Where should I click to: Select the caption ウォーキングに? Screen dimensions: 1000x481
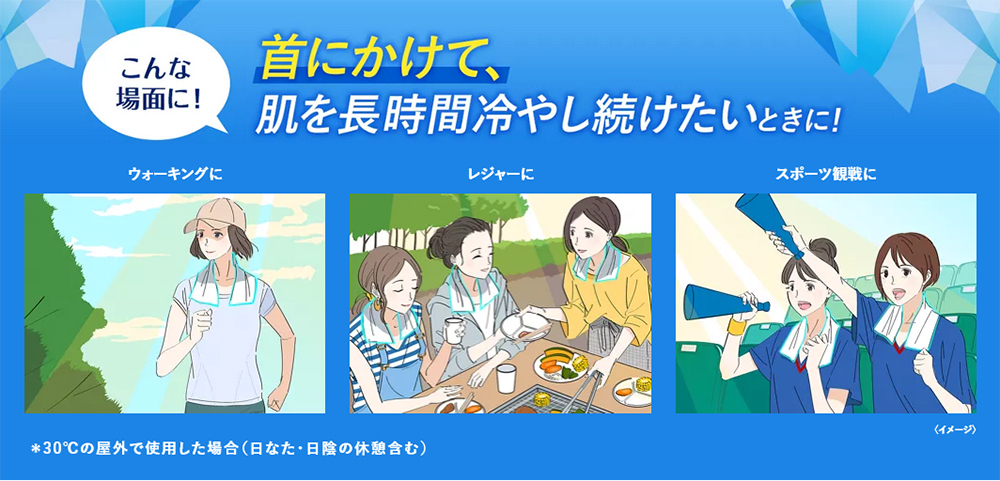[175, 174]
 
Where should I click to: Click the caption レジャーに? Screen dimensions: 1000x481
[501, 174]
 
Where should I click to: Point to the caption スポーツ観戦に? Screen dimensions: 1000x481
[825, 174]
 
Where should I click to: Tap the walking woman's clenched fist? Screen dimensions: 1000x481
[201, 322]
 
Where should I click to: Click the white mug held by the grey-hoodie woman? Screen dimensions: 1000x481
[453, 330]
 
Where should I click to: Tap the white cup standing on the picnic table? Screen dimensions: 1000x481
[506, 378]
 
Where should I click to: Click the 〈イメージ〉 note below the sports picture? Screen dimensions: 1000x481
[954, 429]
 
